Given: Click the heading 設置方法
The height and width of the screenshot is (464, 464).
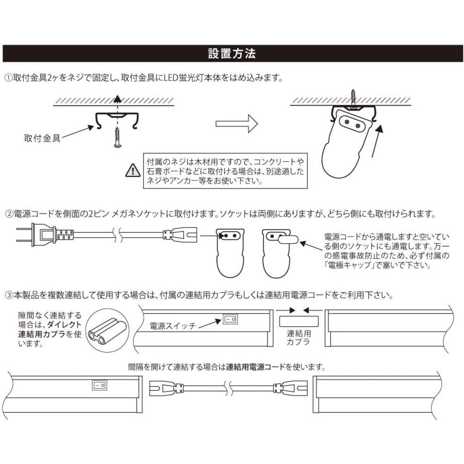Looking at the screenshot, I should [x=231, y=54].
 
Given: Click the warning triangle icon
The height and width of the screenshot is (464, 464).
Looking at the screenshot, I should [x=133, y=169].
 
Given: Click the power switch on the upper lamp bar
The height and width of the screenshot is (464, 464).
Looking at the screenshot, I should [x=230, y=320].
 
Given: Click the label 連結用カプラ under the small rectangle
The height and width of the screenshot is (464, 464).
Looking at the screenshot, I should [x=299, y=338].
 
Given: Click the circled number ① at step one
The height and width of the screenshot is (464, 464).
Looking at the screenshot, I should [x=8, y=78].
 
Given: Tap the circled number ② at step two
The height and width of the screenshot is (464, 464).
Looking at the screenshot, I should [x=8, y=213].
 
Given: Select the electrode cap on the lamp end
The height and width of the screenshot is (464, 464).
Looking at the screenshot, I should [x=286, y=238].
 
